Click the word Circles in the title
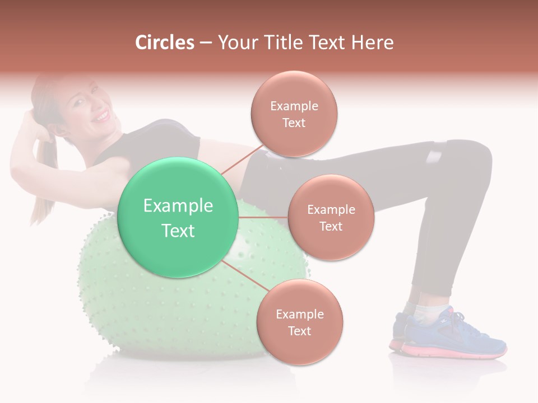coord(165,43)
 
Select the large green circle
coord(178,218)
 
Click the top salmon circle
coord(294,114)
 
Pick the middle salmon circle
coord(331,218)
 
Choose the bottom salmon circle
coord(299,322)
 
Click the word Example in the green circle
coord(178,206)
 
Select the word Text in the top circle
coord(294,123)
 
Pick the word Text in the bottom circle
coord(299,331)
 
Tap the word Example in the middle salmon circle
coord(331,210)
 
